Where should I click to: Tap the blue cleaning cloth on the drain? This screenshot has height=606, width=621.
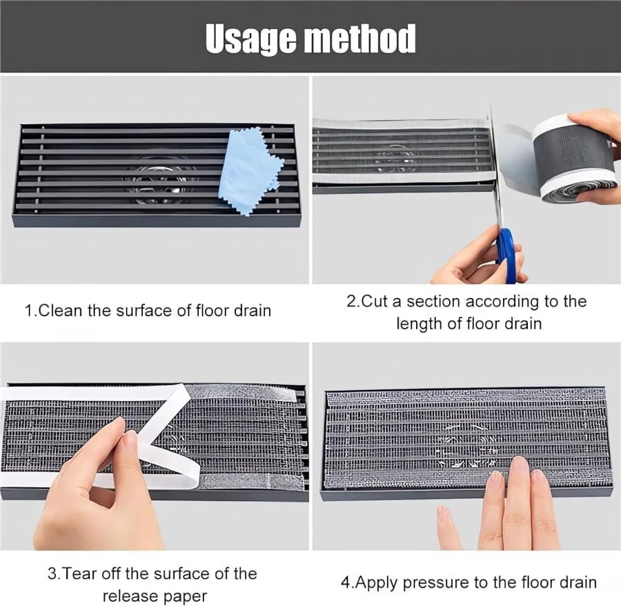[x=248, y=169]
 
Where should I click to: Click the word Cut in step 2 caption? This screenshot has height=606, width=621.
[x=377, y=302]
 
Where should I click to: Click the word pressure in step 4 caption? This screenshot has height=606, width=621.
[x=435, y=582]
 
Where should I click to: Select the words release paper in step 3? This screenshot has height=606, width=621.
[x=155, y=595]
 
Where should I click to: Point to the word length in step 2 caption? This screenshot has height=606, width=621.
[x=418, y=323]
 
